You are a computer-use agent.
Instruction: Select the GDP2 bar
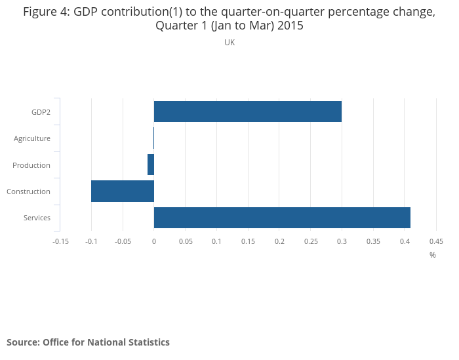(248, 111)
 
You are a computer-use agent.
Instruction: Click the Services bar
(282, 218)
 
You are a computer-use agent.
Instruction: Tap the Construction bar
(123, 191)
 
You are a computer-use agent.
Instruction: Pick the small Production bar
(151, 165)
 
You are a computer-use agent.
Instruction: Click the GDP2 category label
(41, 112)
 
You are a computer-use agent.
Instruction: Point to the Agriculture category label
(32, 138)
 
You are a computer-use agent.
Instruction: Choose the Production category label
(31, 165)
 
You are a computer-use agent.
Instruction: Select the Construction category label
(28, 191)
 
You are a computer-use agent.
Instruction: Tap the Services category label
(37, 218)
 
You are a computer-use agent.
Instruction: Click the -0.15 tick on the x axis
(60, 241)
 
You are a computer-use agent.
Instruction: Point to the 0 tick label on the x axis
(154, 241)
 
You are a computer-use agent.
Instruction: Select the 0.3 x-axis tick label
(342, 241)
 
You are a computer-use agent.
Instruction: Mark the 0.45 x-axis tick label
(436, 241)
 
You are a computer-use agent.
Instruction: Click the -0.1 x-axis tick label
(91, 241)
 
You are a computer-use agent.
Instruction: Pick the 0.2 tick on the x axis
(279, 241)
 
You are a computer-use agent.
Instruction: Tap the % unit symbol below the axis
(433, 255)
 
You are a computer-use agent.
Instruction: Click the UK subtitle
(229, 43)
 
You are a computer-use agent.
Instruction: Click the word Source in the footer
(24, 342)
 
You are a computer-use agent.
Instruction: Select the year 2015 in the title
(290, 26)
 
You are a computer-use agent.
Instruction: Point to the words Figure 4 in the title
(47, 12)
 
